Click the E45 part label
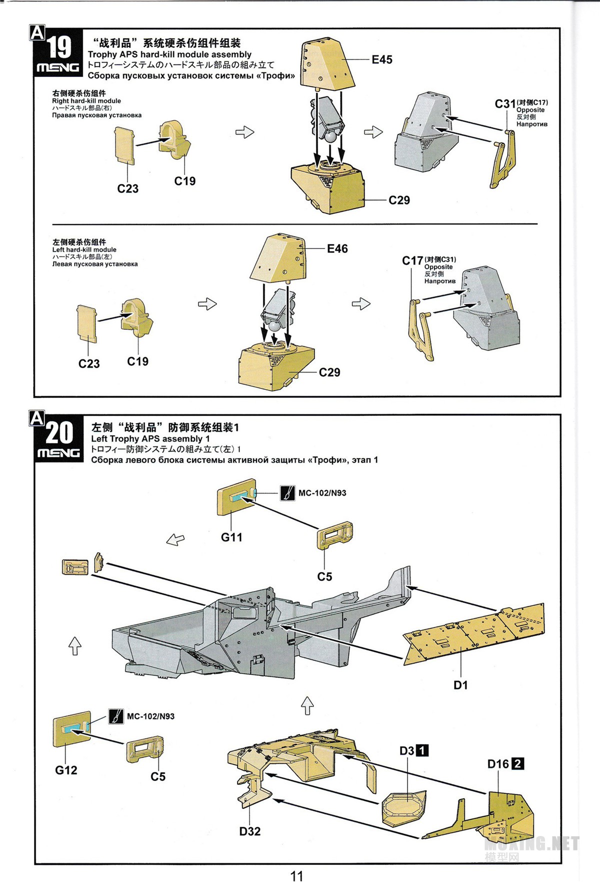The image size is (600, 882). pyautogui.click(x=381, y=59)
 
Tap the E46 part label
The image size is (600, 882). pyautogui.click(x=337, y=248)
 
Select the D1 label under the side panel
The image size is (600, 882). pyautogui.click(x=460, y=685)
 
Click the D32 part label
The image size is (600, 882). pyautogui.click(x=249, y=831)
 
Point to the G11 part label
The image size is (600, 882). pyautogui.click(x=231, y=537)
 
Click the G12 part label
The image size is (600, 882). pyautogui.click(x=66, y=770)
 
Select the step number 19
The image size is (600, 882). pyautogui.click(x=59, y=48)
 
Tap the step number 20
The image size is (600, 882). pyautogui.click(x=59, y=433)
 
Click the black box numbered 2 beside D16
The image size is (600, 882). pyautogui.click(x=518, y=763)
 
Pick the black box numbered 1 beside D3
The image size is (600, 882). pyautogui.click(x=422, y=750)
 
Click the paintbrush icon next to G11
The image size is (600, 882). pyautogui.click(x=287, y=493)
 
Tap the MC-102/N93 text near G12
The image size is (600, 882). pyautogui.click(x=150, y=716)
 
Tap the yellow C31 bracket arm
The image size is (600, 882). pyautogui.click(x=502, y=160)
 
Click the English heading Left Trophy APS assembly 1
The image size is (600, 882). pyautogui.click(x=150, y=438)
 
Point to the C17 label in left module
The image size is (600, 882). pyautogui.click(x=412, y=260)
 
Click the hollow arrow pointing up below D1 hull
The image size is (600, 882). pyautogui.click(x=307, y=706)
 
